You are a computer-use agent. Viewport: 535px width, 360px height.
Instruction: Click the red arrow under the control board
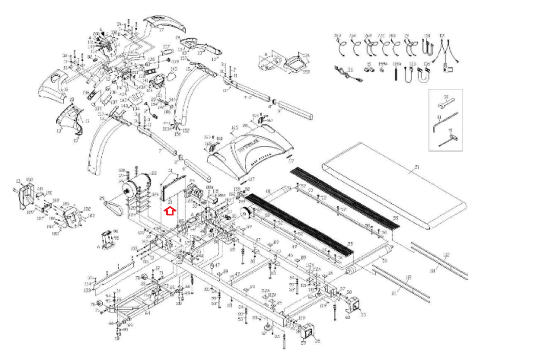click(x=170, y=211)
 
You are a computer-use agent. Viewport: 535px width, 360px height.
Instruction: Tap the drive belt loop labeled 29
click(x=112, y=208)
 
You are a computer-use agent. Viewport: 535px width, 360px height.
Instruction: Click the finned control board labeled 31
click(x=173, y=188)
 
